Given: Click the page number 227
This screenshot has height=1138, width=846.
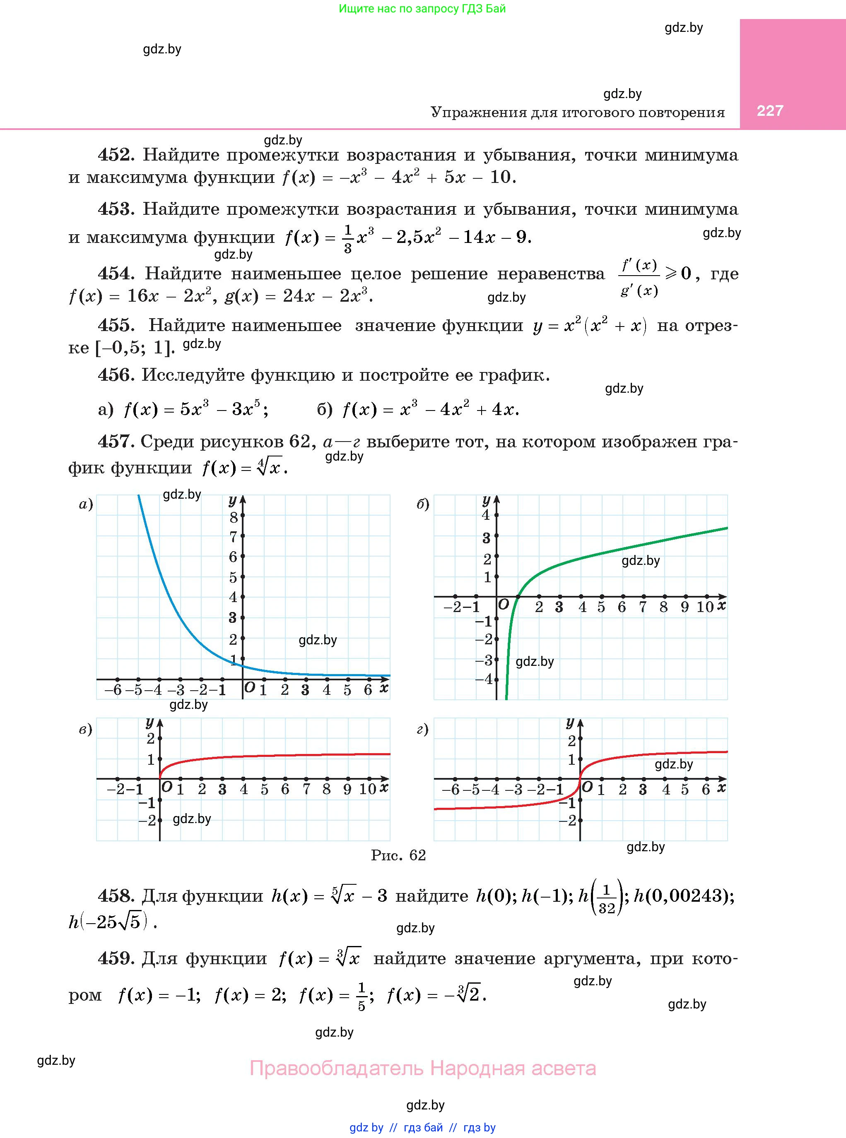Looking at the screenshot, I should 770,110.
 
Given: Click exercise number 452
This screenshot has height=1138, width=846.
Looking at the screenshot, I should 116,154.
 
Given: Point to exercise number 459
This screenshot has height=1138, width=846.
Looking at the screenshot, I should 116,958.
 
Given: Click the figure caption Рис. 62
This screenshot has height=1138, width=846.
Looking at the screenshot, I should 398,855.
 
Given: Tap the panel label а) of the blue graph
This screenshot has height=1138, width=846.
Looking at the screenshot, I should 86,504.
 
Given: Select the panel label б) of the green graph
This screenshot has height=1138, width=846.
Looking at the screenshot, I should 423,504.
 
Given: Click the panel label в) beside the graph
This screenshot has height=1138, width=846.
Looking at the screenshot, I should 86,729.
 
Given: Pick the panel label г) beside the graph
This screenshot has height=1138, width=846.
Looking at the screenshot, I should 423,729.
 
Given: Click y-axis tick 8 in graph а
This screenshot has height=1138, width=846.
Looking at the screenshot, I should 234,517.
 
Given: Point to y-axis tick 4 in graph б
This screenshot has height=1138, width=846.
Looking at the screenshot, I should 486,515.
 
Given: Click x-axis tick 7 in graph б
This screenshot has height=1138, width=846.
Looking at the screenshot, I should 643,607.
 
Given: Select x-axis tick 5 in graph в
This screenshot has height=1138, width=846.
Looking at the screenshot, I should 264,790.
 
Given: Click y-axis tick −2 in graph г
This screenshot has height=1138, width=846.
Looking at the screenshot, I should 567,821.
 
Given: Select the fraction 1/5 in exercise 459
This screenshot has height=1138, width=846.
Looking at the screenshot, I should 361,996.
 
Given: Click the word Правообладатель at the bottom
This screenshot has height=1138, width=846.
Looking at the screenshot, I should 337,1068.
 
